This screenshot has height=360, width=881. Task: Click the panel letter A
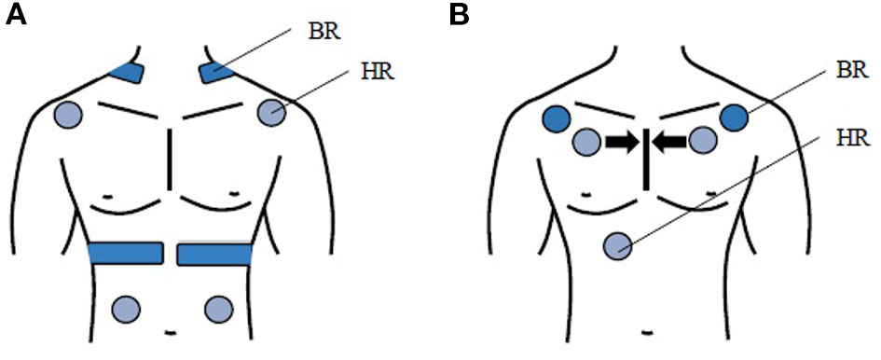click(15, 16)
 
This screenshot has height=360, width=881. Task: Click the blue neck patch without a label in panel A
click(126, 72)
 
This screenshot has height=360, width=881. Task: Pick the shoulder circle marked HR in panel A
click(269, 114)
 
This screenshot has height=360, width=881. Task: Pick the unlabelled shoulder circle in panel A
click(69, 115)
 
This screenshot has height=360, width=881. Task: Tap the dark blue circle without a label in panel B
click(557, 118)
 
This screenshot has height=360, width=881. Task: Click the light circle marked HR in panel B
click(618, 246)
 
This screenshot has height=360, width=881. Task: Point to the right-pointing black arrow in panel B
click(620, 142)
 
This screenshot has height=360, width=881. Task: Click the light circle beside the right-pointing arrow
click(585, 142)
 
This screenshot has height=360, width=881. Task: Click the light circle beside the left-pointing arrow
click(704, 142)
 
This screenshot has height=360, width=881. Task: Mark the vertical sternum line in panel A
click(169, 159)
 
